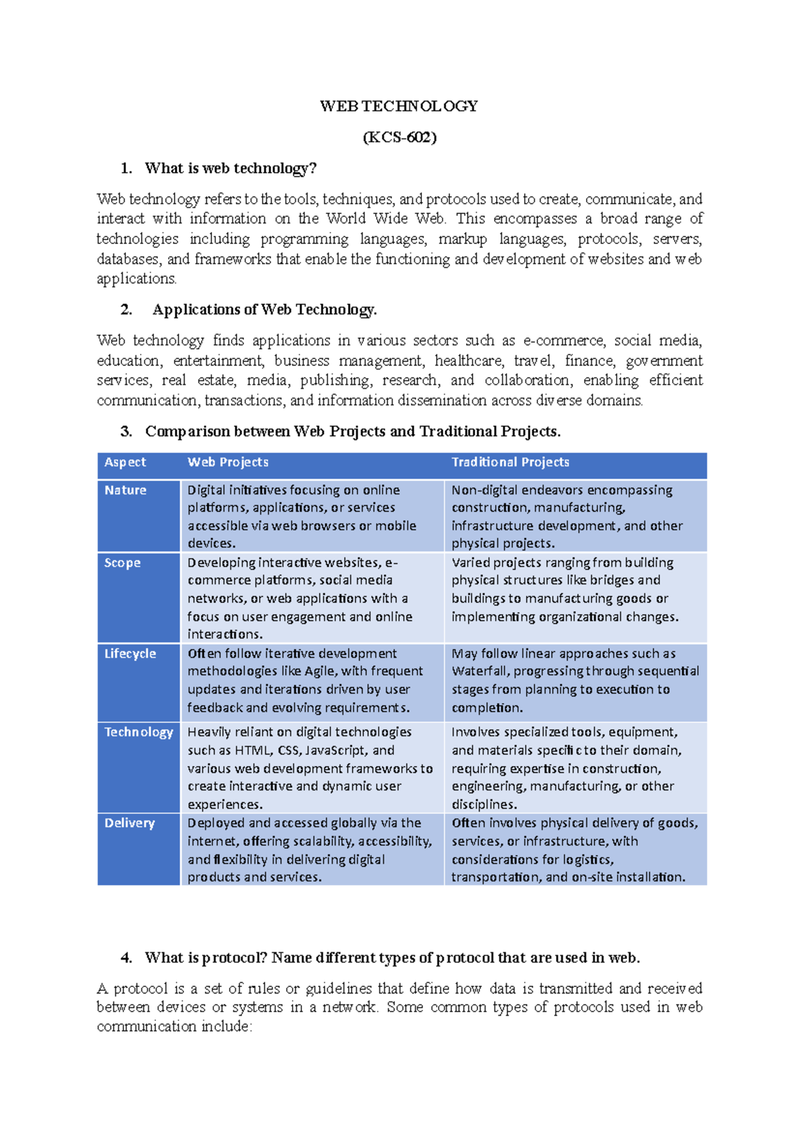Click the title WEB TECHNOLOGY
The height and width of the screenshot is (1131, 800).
399,106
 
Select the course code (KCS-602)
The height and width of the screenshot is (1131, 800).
399,137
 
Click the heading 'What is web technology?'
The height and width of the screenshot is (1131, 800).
230,168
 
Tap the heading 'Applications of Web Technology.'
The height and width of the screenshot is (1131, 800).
265,309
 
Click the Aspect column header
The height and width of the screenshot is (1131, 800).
125,462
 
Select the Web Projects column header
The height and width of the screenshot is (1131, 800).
228,462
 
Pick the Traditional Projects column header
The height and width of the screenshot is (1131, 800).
510,462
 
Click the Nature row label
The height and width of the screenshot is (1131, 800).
125,490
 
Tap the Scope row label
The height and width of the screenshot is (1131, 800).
122,563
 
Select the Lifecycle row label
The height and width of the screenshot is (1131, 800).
130,654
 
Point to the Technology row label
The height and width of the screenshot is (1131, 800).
139,732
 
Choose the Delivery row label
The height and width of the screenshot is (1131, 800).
129,824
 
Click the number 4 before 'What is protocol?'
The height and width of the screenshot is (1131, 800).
126,958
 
